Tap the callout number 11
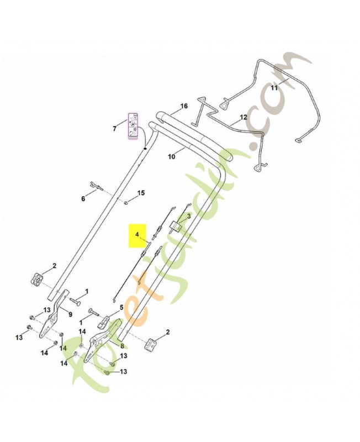[274, 88]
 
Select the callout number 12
[243, 118]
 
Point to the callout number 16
[184, 106]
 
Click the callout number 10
[171, 156]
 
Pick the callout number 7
[114, 129]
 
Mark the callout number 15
[141, 193]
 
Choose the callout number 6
[84, 198]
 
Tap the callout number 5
[121, 307]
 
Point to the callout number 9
[70, 314]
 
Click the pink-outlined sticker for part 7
[133, 127]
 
